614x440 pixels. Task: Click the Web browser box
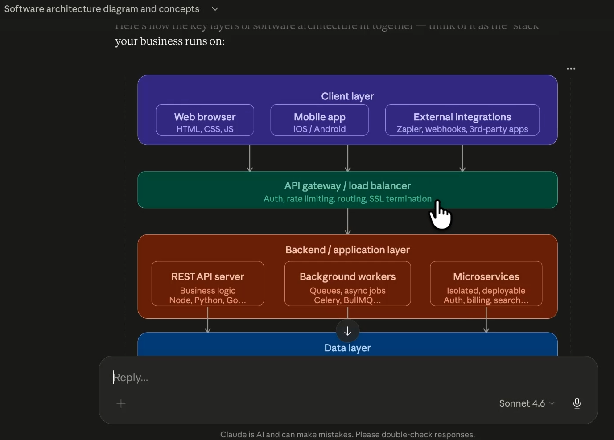(x=205, y=120)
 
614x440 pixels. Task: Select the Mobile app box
(x=319, y=120)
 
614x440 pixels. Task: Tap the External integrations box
(x=462, y=120)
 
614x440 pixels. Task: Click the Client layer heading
(x=347, y=96)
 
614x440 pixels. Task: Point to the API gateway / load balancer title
(x=347, y=186)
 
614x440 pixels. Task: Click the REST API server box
(x=208, y=284)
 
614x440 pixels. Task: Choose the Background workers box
(x=347, y=284)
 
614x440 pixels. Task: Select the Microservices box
(x=486, y=284)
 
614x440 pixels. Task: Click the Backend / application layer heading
(x=347, y=250)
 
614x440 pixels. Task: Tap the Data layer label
(x=347, y=348)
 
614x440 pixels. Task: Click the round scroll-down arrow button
(x=347, y=332)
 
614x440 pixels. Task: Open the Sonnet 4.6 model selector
(x=527, y=403)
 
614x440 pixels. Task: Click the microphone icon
(x=577, y=403)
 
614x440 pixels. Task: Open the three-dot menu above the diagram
(x=571, y=69)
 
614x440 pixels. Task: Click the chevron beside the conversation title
(x=215, y=9)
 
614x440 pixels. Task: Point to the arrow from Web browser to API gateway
(x=250, y=158)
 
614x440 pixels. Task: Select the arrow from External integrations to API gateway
(x=462, y=158)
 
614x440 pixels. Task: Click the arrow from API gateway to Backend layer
(x=348, y=221)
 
